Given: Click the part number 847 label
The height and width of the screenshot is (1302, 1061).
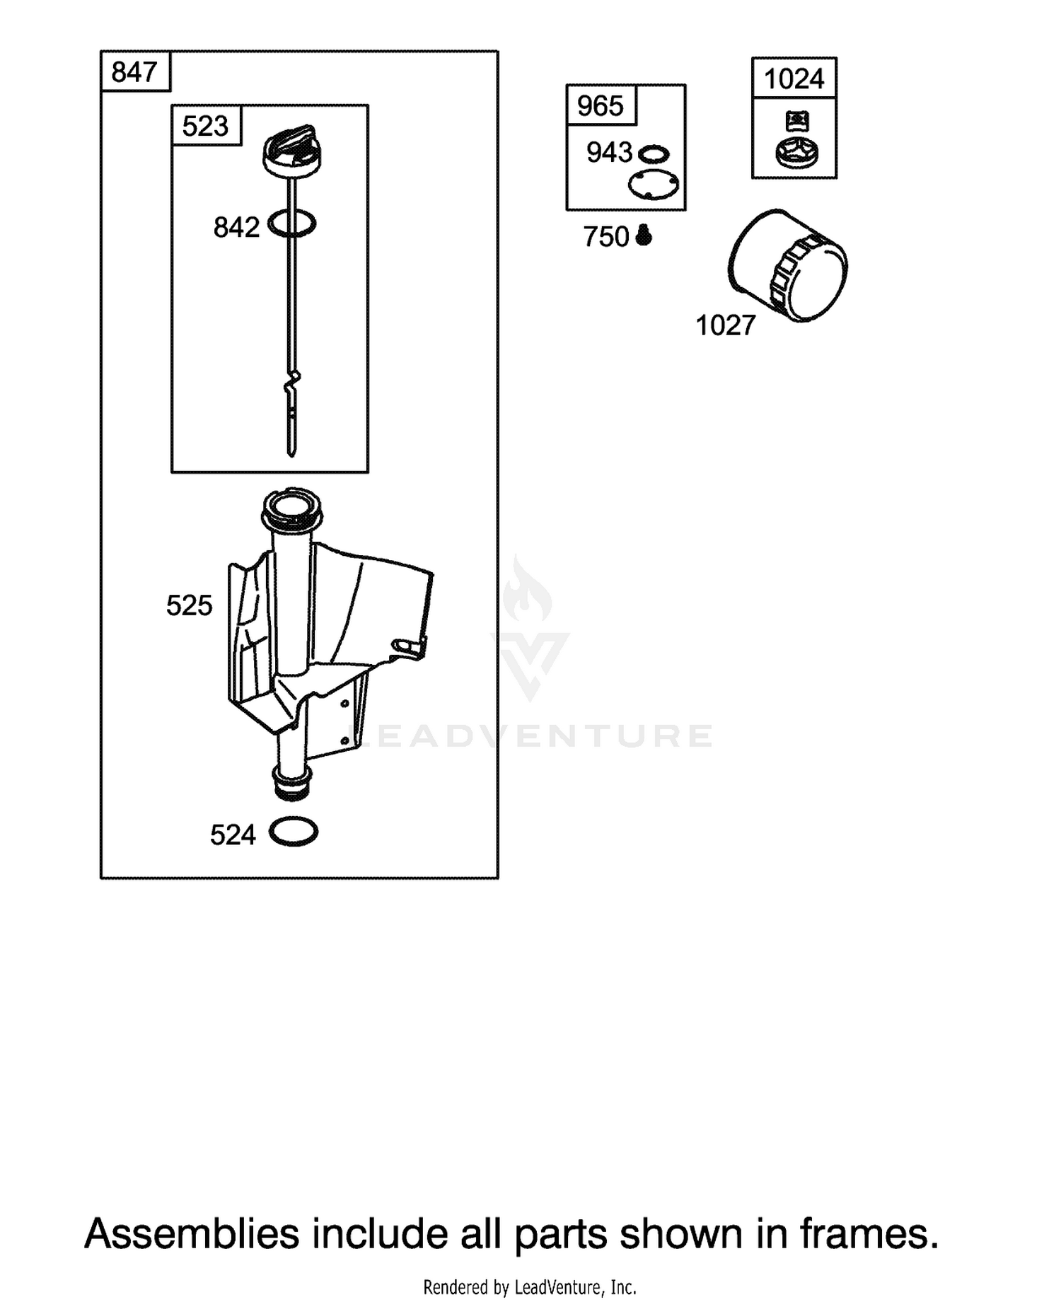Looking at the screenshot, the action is tap(134, 72).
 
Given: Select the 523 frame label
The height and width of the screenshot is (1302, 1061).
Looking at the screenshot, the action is tap(205, 126).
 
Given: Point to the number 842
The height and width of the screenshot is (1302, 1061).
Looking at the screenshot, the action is tap(236, 228).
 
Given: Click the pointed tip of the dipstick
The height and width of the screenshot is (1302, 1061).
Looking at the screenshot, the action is tap(291, 453).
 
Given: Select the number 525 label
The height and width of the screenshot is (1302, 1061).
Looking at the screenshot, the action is tap(189, 605).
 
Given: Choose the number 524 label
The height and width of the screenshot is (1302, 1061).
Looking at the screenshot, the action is tap(233, 835).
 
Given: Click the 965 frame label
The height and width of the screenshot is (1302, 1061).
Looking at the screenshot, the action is tap(601, 106).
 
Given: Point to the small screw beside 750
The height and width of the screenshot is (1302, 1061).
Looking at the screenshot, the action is tap(644, 235).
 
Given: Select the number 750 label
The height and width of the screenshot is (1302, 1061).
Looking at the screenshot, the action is tap(606, 237).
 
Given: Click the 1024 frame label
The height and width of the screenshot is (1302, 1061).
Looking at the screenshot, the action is tap(794, 79).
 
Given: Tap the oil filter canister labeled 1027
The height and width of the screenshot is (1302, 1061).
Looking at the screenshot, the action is tap(788, 266).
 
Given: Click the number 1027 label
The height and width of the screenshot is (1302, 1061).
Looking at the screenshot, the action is tap(726, 326).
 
